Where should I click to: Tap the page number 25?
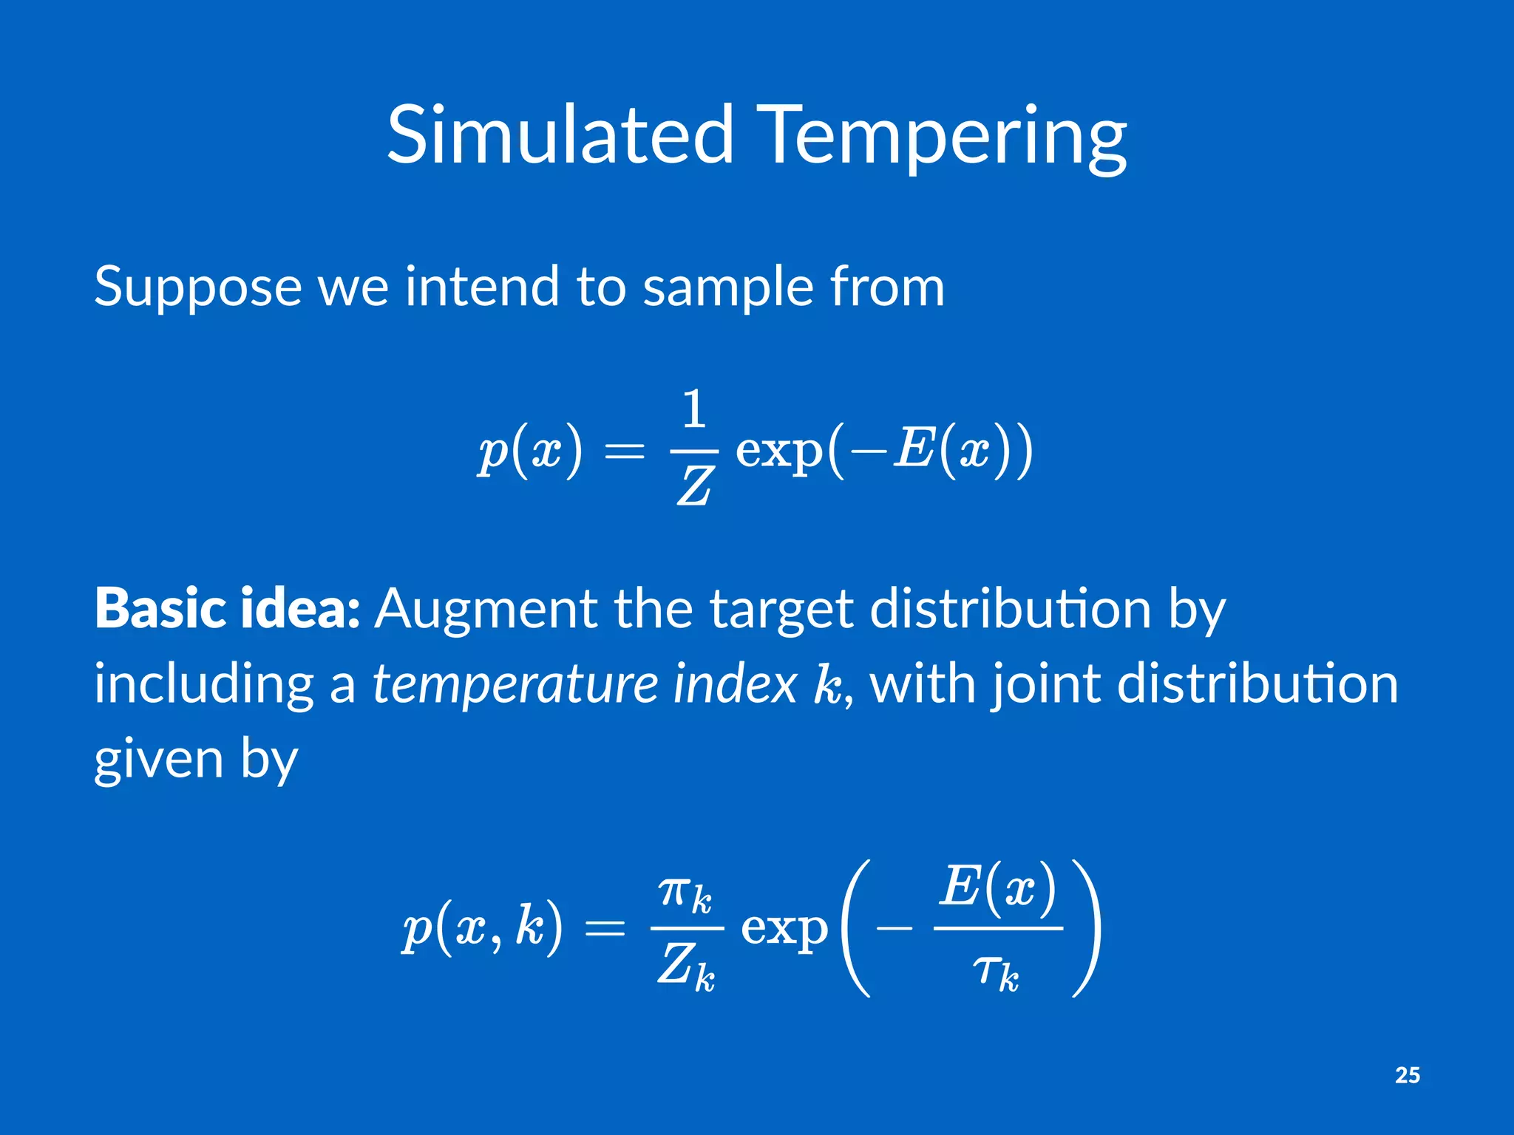pos(1407,1075)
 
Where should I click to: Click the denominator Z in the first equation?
pos(694,487)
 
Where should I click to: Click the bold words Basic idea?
pos(227,609)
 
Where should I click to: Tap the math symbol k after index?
pos(828,684)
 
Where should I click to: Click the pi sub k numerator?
pos(685,894)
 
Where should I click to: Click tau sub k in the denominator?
pos(996,971)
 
